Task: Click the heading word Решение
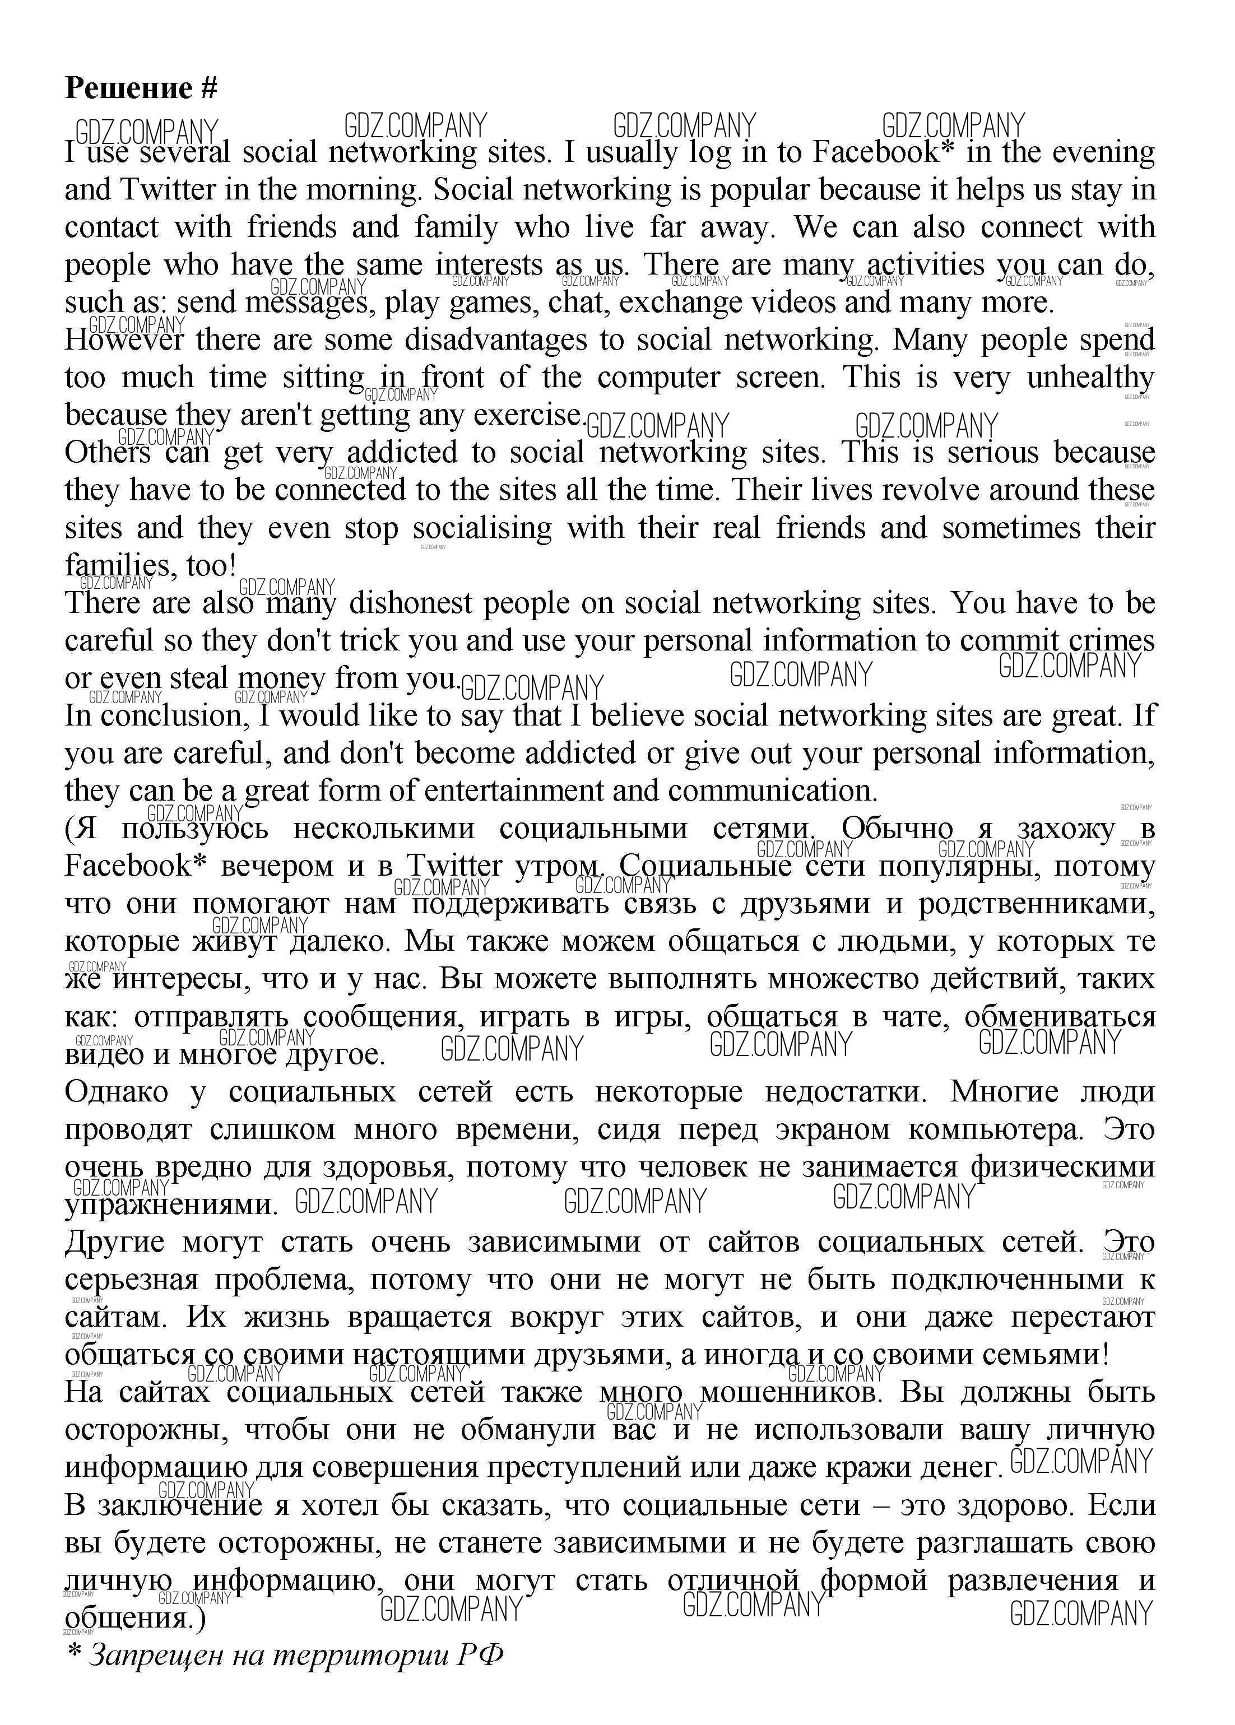(x=128, y=89)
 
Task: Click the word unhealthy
(x=1090, y=378)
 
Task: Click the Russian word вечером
(x=277, y=866)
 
